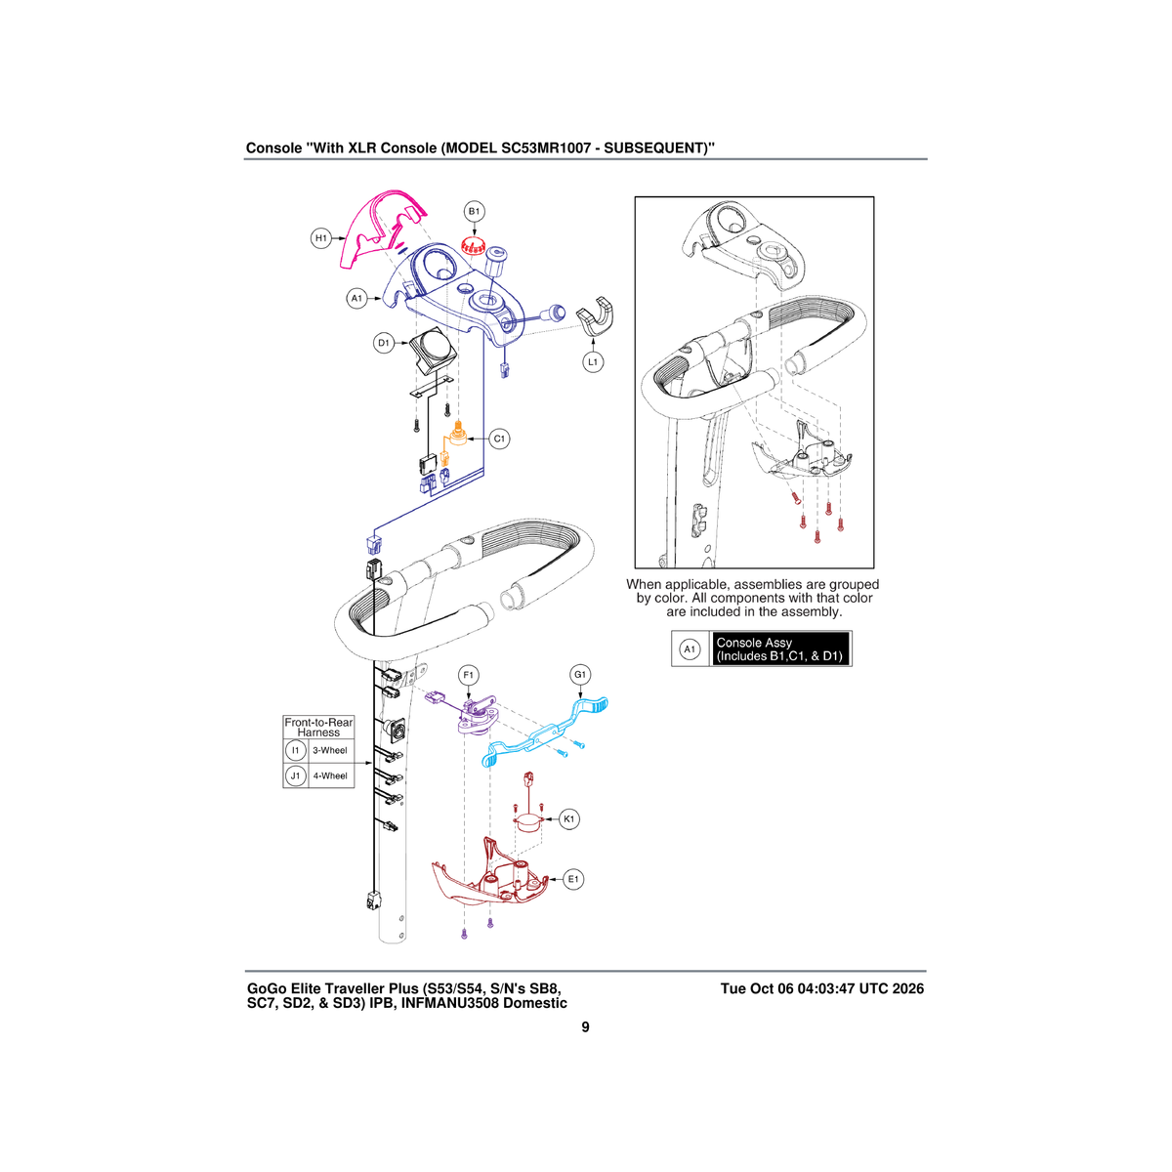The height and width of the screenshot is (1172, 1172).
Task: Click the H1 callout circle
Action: point(320,238)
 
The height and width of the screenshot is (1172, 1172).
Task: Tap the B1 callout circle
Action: point(475,212)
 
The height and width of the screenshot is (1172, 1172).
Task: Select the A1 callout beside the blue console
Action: point(356,299)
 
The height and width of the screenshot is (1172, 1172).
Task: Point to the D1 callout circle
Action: point(383,343)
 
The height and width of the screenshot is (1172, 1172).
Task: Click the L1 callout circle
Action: point(593,362)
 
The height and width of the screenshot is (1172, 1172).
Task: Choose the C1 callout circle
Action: point(499,439)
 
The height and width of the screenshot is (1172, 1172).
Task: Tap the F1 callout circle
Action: point(469,675)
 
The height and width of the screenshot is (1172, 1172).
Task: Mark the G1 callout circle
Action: point(580,675)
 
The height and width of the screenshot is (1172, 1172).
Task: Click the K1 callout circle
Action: point(568,819)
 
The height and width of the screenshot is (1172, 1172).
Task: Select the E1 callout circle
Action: point(573,879)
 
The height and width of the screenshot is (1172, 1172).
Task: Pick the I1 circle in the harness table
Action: point(296,750)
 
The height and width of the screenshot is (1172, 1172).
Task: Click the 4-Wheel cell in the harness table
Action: point(330,776)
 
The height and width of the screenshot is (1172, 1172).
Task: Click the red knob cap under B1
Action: point(473,246)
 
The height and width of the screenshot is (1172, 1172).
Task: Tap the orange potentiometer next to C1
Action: point(456,435)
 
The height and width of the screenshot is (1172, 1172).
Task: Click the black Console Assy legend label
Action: point(780,649)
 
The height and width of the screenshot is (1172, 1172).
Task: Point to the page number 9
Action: point(585,1027)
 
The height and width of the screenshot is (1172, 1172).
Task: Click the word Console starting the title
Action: point(273,147)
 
